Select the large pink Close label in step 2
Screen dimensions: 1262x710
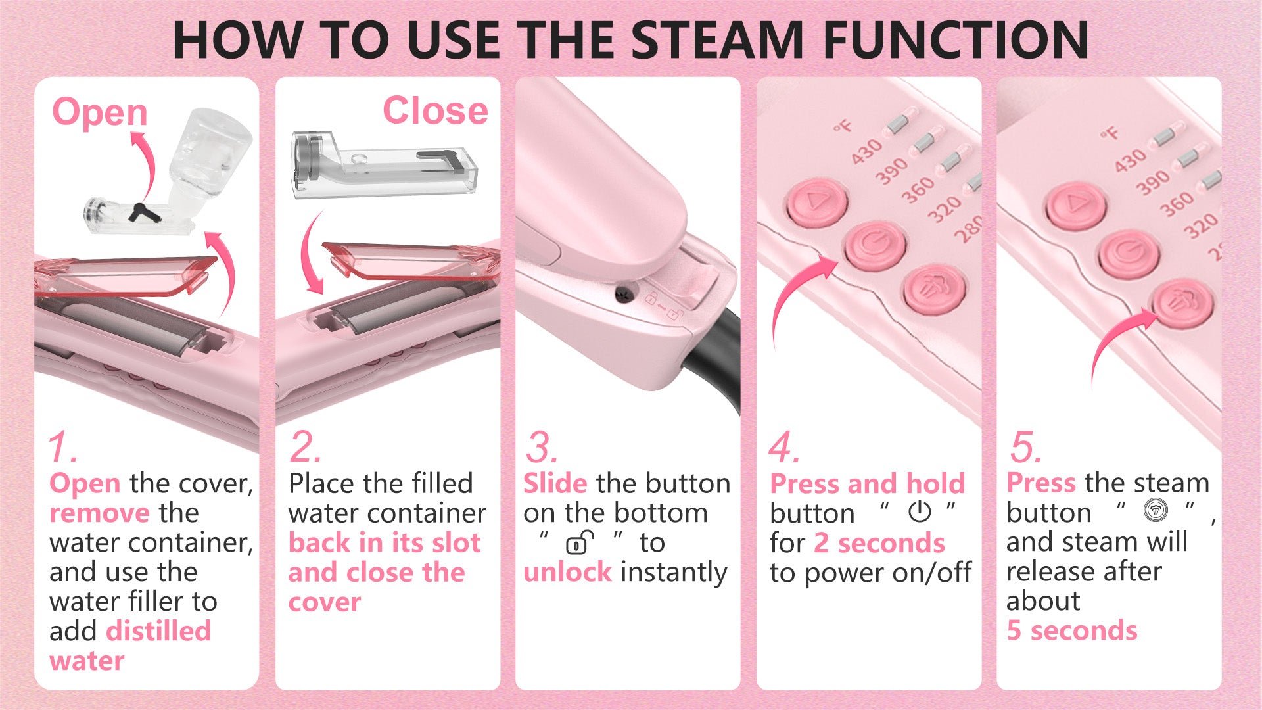click(435, 110)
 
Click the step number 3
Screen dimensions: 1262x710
click(542, 447)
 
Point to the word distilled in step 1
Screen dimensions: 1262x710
click(158, 630)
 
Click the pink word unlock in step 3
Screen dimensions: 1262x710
click(568, 572)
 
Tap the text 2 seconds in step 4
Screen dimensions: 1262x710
click(879, 543)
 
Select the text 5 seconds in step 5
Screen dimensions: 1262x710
click(1072, 630)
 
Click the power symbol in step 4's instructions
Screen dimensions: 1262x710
click(920, 511)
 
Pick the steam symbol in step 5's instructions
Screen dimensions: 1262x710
click(1156, 510)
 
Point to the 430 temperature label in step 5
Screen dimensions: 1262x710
click(1130, 160)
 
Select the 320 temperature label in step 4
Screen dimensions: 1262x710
click(945, 208)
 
